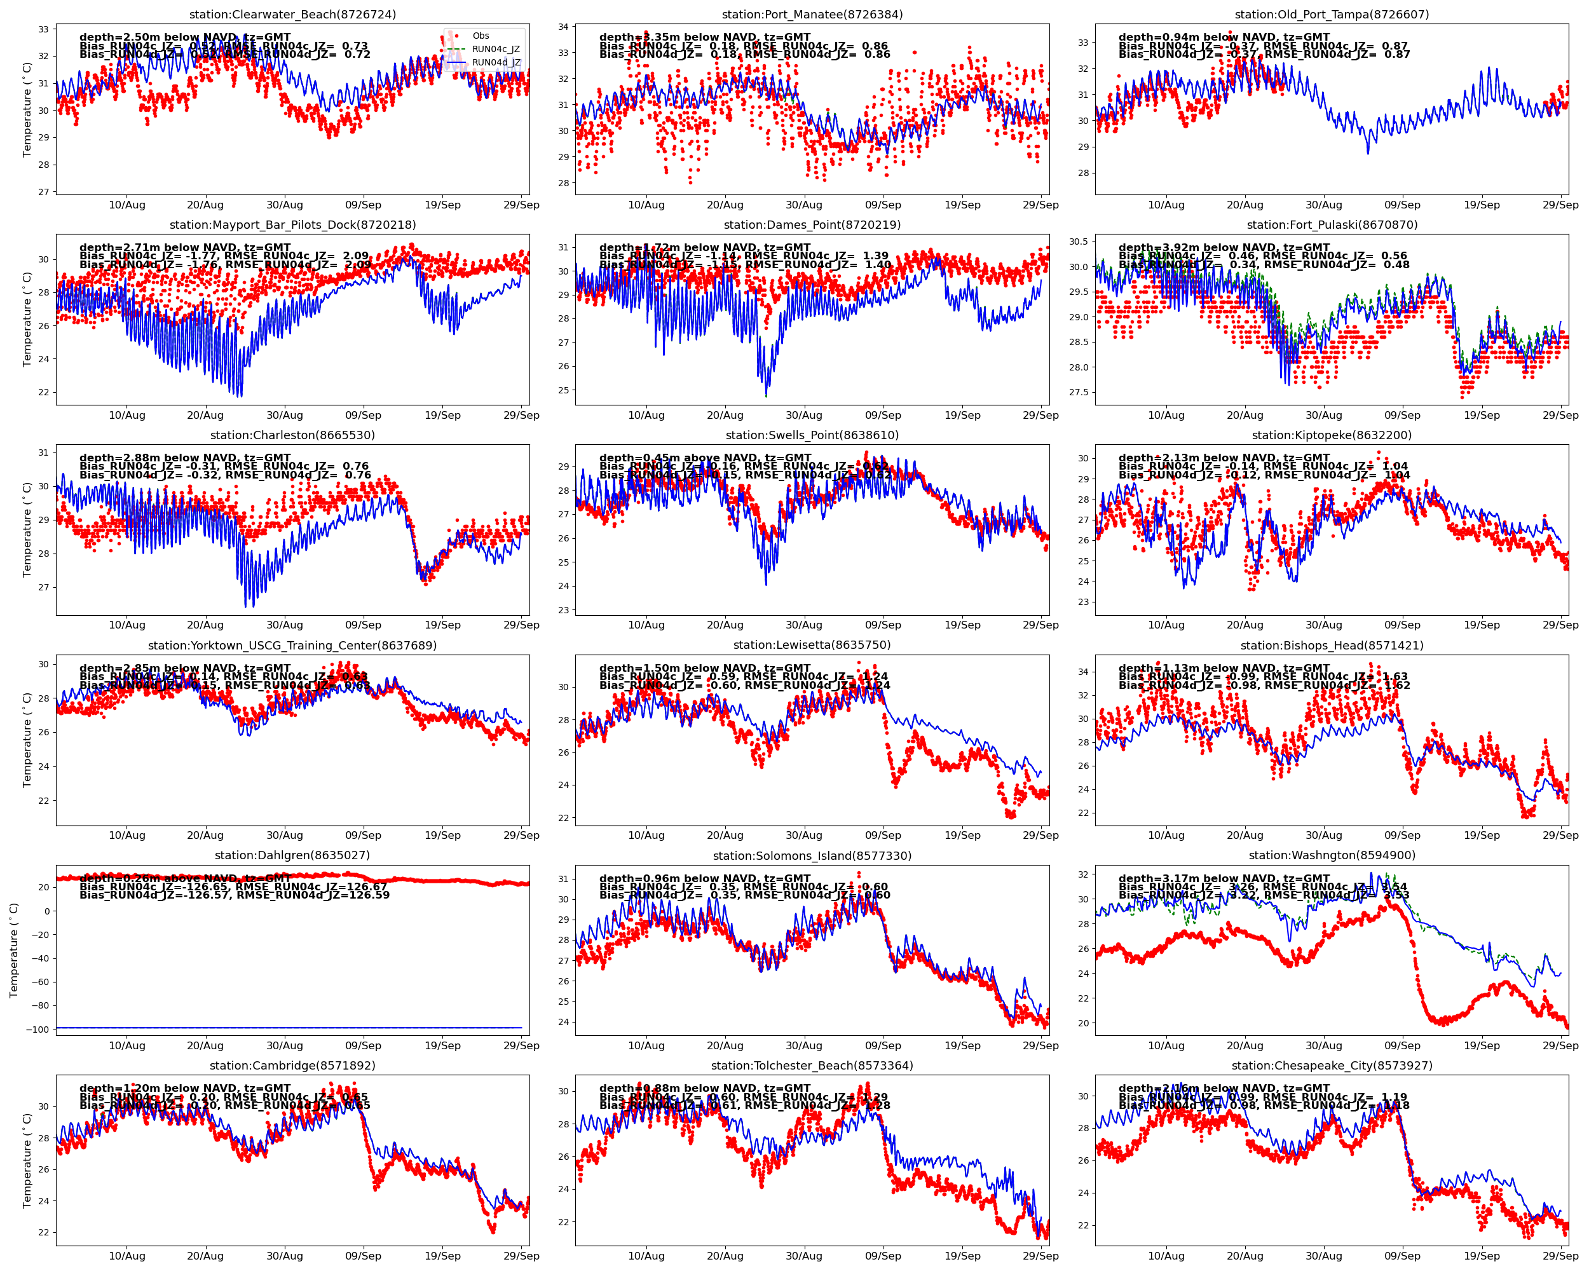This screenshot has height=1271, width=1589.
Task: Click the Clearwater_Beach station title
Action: pos(292,15)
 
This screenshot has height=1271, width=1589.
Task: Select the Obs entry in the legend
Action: pos(481,36)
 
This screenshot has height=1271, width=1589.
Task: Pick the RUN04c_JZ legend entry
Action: pos(495,50)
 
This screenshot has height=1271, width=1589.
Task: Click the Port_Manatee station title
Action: pos(812,15)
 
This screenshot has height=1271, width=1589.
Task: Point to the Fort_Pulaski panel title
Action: pos(1332,225)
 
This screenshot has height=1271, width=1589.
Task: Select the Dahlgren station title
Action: pos(292,855)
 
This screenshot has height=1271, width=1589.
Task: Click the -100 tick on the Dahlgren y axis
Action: pos(36,1030)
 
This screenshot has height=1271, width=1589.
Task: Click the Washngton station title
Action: pos(1332,855)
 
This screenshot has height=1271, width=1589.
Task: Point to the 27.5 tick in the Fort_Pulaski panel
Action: pos(1078,393)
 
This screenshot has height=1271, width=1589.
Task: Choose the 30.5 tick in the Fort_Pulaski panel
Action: pos(1078,241)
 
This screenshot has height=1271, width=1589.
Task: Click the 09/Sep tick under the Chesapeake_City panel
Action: pos(1401,1256)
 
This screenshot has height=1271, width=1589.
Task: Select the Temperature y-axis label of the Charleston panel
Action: pos(27,530)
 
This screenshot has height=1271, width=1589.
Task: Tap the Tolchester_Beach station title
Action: pos(812,1066)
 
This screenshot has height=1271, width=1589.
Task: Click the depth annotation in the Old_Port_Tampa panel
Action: pos(1224,37)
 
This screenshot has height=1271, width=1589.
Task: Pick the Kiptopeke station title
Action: pos(1332,435)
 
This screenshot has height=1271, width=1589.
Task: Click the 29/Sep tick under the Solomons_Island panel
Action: pos(1040,1045)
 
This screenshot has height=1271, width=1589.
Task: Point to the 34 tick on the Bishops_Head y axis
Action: pos(1082,672)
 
